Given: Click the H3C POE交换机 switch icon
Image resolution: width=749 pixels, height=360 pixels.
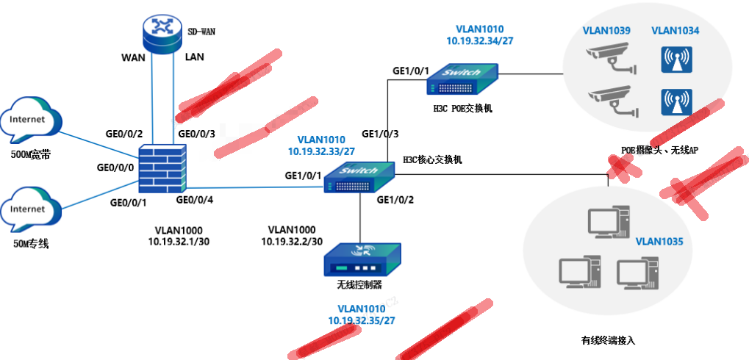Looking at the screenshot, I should click(463, 79).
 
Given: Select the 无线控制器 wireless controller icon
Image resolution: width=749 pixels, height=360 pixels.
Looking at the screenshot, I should click(362, 256).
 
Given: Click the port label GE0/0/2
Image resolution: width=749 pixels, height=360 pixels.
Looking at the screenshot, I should click(124, 134).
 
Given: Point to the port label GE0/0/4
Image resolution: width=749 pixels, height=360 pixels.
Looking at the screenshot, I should click(195, 200).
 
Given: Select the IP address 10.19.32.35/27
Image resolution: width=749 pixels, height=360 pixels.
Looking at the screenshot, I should click(362, 321).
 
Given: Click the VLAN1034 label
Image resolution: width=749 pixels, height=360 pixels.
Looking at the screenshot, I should click(675, 31).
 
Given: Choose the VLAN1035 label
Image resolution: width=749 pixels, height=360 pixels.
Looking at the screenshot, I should click(659, 240).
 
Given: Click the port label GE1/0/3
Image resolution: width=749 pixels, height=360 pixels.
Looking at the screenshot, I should click(381, 134).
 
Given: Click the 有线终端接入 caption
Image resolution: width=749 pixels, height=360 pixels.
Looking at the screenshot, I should click(607, 341).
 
